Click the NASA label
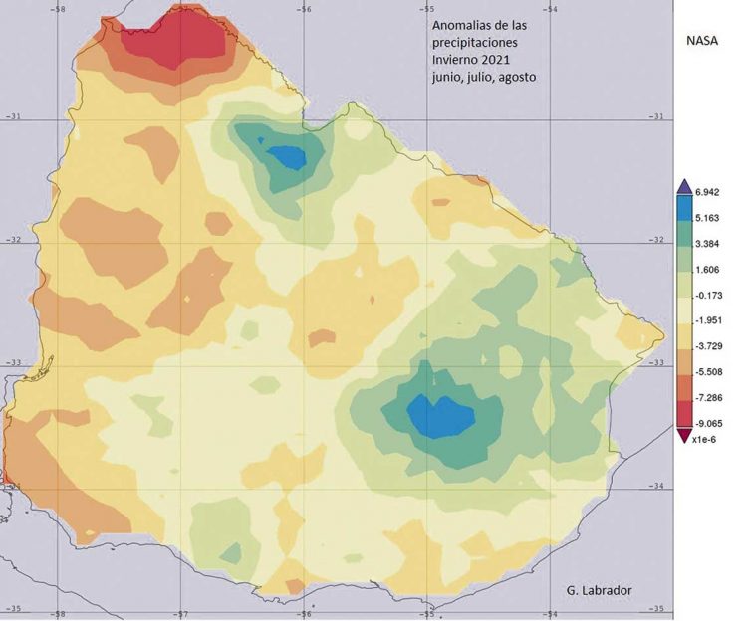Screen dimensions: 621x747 (702, 41)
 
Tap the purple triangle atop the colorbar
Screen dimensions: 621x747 (683, 186)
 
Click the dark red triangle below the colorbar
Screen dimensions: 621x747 (683, 433)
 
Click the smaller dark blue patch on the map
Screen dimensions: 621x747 (288, 156)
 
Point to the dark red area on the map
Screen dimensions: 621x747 (179, 38)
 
